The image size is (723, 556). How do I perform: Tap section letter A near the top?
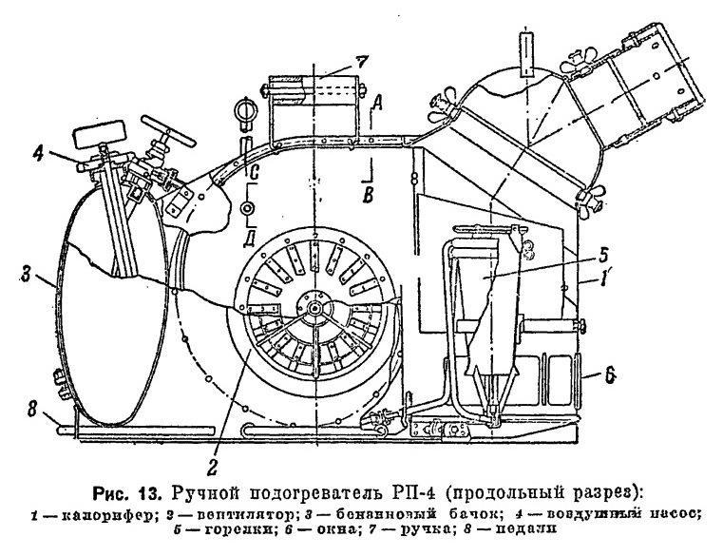(x=377, y=103)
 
